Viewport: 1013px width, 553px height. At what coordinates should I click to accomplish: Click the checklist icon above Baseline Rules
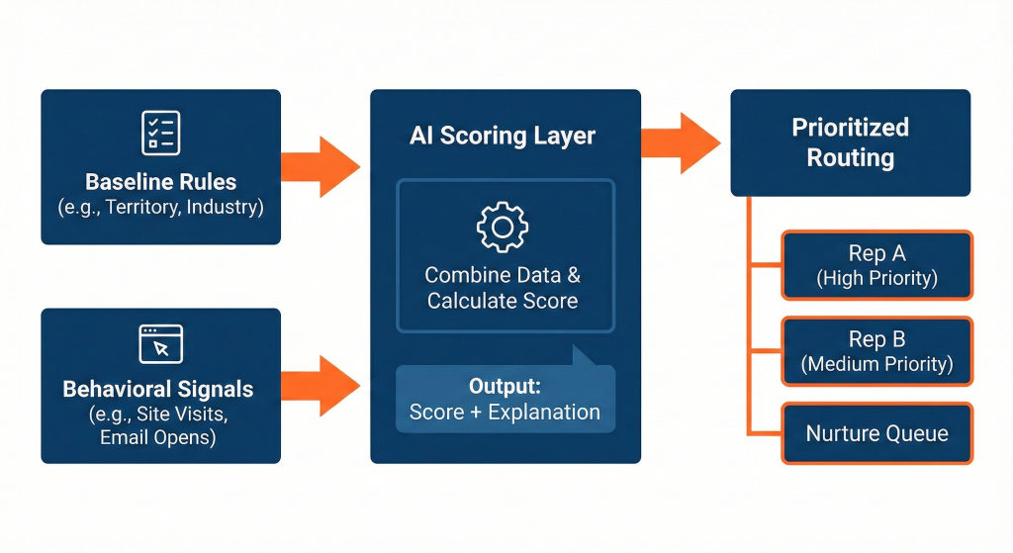pos(160,131)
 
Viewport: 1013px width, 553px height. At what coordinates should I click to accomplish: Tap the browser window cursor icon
pos(160,342)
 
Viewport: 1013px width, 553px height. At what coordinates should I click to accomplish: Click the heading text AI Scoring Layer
pos(503,136)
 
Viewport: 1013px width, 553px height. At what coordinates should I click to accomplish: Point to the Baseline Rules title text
pos(160,182)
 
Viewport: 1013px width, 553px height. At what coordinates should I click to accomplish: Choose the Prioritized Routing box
pos(850,142)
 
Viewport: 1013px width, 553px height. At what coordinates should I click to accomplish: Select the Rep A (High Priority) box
pos(876,265)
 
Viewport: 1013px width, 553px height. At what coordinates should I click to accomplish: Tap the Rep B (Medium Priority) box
pos(876,351)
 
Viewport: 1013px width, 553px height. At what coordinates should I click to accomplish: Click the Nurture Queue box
pos(876,433)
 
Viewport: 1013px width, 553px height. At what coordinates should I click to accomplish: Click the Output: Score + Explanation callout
pos(505,398)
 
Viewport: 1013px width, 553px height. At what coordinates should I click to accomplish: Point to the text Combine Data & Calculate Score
pos(503,287)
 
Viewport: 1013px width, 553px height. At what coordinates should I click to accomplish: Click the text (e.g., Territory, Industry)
pos(160,208)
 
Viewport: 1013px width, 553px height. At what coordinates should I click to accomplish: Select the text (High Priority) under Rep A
pos(876,279)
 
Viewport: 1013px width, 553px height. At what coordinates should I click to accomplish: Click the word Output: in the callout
pos(505,385)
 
